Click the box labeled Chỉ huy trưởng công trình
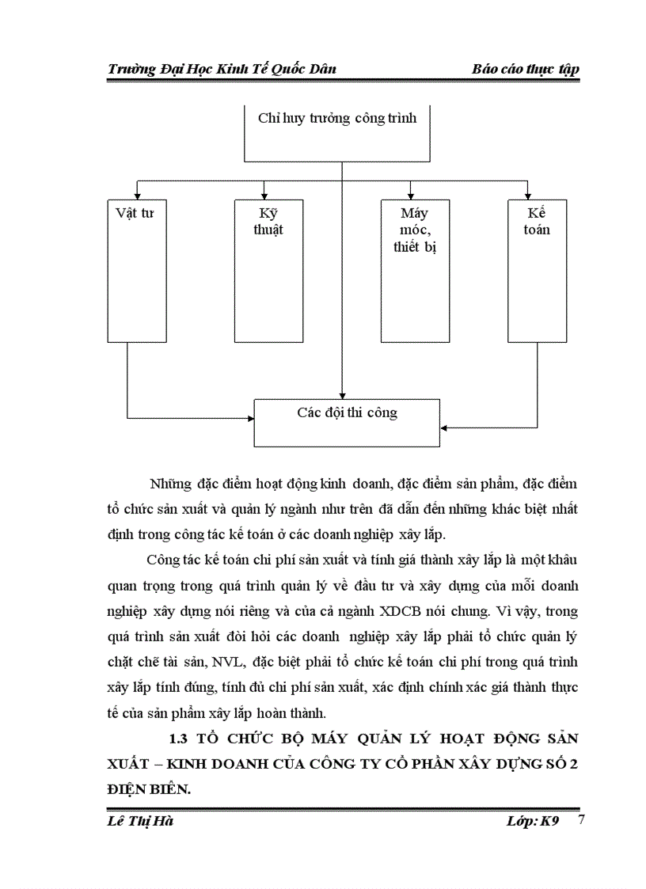click(338, 132)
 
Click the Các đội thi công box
click(347, 423)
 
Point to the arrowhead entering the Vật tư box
click(137, 195)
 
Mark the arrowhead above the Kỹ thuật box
click(264, 195)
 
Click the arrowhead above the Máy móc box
click(411, 195)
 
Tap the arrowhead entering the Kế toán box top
click(527, 195)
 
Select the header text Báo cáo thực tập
click(525, 69)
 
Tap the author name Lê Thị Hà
click(140, 821)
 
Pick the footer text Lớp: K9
click(533, 821)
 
